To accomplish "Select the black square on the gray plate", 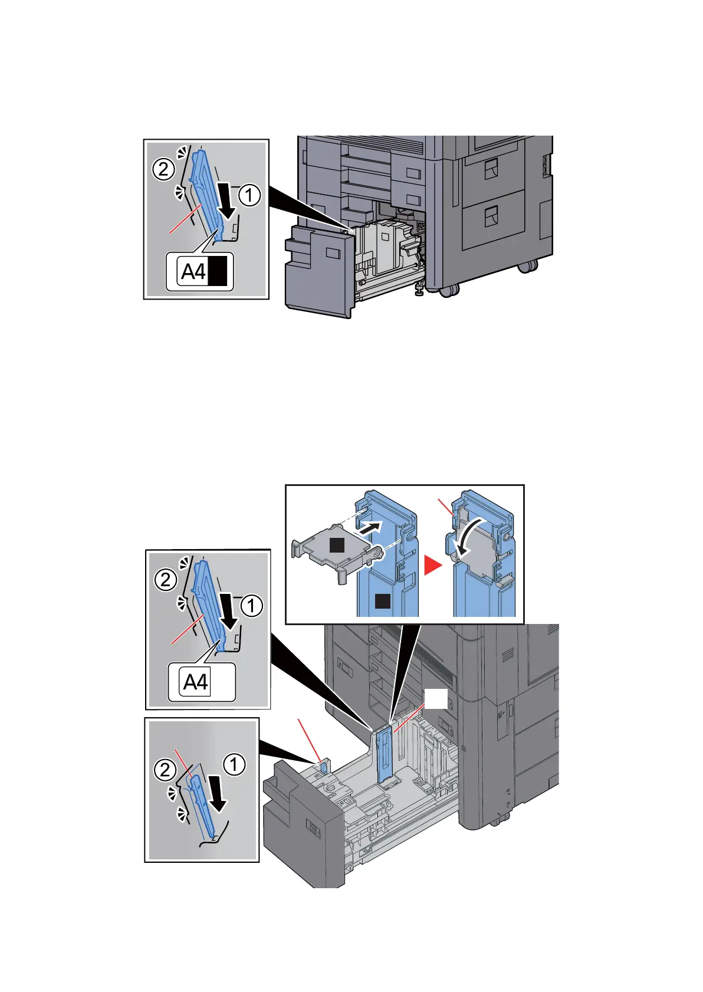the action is click(337, 545).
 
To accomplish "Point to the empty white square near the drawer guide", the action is click(436, 700).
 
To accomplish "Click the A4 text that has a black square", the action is click(193, 272).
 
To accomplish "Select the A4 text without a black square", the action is click(195, 682).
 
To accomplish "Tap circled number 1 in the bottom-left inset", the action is click(234, 764).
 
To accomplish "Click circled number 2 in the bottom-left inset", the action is click(165, 770).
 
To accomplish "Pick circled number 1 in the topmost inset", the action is click(249, 195).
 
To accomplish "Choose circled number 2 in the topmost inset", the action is click(163, 170).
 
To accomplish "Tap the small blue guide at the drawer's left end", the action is click(323, 768).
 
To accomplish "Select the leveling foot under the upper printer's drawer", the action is click(420, 290).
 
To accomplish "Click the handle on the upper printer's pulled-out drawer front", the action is click(332, 254).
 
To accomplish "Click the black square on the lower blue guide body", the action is click(382, 601).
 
